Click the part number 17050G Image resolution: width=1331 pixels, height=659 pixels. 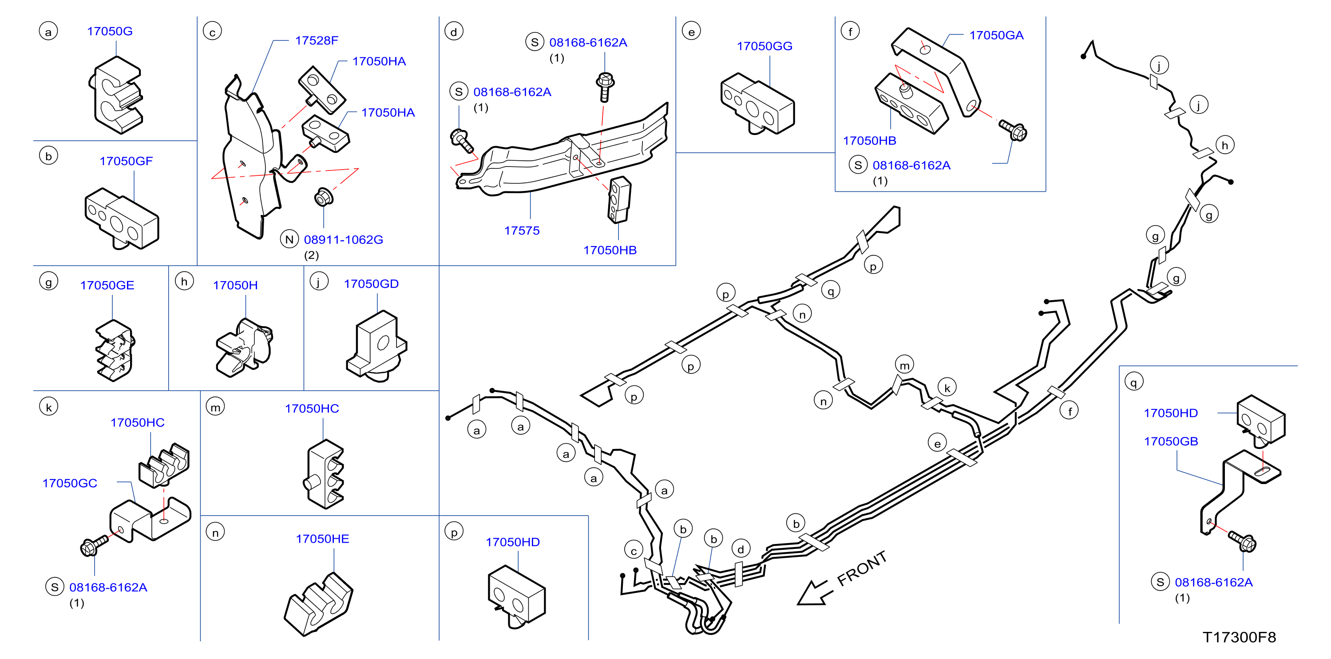[110, 32]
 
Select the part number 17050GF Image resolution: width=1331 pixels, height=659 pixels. [126, 161]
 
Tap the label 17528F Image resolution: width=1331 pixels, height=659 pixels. [316, 41]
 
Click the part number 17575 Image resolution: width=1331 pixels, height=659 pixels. [522, 231]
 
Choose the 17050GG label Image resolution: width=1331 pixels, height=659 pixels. [764, 47]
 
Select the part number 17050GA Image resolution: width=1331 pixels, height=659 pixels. [996, 36]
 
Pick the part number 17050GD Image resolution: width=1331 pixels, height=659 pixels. [371, 284]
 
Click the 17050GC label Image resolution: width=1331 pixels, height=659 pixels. [70, 484]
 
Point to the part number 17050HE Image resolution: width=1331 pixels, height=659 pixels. [322, 540]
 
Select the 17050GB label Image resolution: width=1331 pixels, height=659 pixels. [1171, 442]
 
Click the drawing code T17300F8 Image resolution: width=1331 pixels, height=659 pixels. [1240, 637]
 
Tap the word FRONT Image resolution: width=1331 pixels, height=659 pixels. [862, 568]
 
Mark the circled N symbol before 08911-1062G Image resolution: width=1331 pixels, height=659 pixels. [289, 239]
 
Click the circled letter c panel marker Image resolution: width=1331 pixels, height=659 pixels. [212, 32]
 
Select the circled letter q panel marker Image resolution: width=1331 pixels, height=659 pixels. [1133, 382]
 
